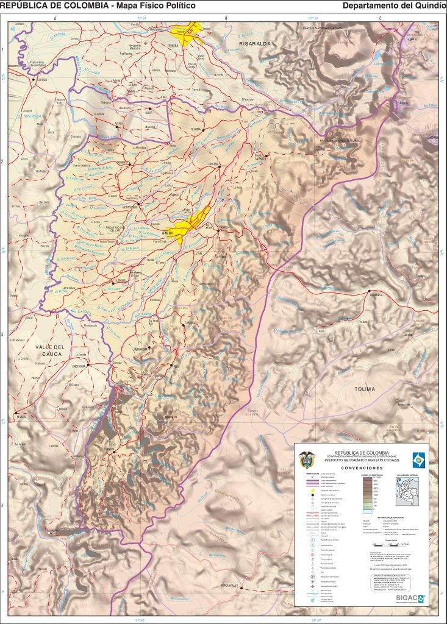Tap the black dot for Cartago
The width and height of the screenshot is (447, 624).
(x=37, y=79)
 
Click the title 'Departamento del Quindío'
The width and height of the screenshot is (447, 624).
(x=394, y=5)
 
